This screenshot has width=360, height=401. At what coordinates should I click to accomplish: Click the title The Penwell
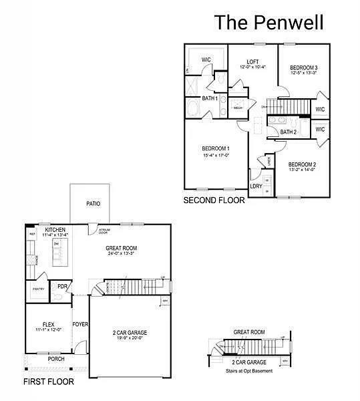pos(268,22)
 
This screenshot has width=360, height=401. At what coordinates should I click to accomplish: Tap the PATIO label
pos(94,203)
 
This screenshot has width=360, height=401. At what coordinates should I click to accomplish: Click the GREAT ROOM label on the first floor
pos(122,249)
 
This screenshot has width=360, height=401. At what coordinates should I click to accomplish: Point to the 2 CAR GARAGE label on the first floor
pos(129,332)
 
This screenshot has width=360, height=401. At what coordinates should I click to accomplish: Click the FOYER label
pos(80,324)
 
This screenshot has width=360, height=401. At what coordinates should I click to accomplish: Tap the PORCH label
pos(56,359)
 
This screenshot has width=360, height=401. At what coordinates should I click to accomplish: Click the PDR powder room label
pos(61,286)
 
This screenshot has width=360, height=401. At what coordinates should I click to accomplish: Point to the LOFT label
pos(252,61)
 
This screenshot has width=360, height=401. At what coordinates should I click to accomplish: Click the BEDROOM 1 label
pos(216,148)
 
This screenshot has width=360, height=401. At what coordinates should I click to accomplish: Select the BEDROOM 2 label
pos(302,164)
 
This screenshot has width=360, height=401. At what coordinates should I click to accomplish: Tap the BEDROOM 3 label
pos(303,68)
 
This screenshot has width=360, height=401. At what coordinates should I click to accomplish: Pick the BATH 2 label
pos(288,132)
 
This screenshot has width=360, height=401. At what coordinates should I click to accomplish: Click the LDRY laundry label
pos(256,186)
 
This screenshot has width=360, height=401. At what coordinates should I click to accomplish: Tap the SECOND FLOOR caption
pos(214,200)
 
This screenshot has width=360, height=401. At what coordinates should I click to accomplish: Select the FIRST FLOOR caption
pos(49,382)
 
